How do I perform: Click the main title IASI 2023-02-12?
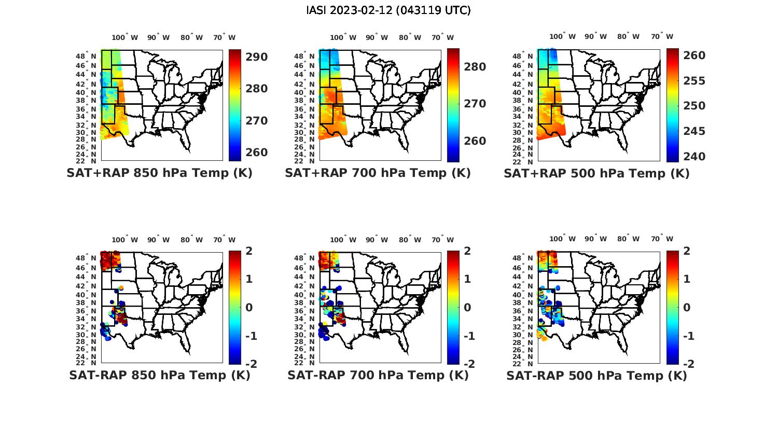coord(388,10)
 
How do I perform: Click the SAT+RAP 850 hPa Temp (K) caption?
coord(159,173)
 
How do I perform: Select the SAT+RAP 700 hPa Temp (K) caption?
coord(378,173)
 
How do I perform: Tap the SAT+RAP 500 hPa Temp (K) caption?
coord(596,174)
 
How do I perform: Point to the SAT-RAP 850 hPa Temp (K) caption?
coord(160,376)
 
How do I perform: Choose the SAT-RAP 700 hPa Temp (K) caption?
coord(378,376)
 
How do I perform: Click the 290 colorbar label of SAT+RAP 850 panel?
coord(256,57)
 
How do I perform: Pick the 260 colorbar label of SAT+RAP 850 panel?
coord(256,153)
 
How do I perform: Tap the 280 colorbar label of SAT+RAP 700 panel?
coord(475,67)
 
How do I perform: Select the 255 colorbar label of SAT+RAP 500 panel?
coord(694,81)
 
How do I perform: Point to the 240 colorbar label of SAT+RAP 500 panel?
coord(694,157)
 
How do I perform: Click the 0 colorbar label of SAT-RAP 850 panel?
coord(248,308)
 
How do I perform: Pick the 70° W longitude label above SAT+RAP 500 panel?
coord(662,36)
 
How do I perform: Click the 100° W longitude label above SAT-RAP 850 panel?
coord(124,240)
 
